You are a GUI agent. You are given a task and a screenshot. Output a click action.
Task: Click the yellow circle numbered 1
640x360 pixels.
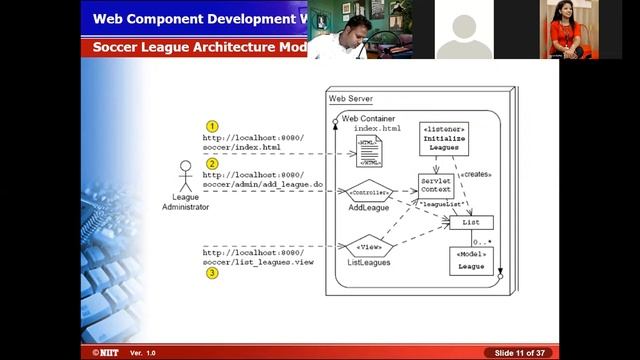212,126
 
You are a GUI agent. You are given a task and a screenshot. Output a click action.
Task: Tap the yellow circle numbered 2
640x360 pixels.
212,163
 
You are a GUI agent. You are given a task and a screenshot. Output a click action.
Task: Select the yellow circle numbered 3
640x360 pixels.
212,272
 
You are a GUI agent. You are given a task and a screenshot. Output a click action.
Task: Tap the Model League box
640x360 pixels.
471,262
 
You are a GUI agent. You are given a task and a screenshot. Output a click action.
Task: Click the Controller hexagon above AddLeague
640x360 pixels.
362,190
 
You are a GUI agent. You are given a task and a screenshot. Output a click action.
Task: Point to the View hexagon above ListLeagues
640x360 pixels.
367,245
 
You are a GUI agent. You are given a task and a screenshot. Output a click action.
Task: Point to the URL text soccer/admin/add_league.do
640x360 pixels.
262,184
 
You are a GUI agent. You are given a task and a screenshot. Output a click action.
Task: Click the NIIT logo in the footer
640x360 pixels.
103,353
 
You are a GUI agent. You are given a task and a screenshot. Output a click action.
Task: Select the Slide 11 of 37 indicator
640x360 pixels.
520,353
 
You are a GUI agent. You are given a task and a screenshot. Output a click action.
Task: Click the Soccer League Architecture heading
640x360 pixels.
200,46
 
